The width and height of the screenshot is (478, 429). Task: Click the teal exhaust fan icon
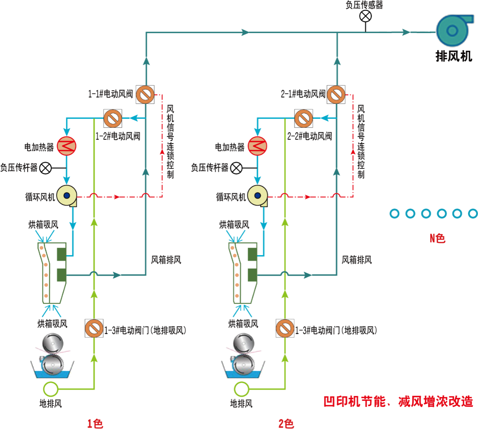(452, 31)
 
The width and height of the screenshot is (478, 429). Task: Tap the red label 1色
(95, 423)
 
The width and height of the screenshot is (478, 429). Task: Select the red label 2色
(286, 423)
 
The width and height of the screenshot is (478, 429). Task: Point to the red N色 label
(438, 238)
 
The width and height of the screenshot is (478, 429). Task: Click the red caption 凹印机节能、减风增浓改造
(398, 401)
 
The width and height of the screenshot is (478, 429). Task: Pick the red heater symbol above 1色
(66, 146)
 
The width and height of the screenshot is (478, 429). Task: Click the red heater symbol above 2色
(257, 146)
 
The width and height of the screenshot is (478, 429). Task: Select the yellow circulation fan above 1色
(67, 196)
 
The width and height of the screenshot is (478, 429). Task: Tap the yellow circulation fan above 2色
(258, 196)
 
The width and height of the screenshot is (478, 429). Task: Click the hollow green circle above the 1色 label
(50, 389)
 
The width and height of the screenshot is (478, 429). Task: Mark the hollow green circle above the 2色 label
(241, 389)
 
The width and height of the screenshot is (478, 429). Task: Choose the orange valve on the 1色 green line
(94, 328)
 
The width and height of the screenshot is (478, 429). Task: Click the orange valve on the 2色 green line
(285, 328)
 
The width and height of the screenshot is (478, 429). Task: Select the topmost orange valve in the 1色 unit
(145, 94)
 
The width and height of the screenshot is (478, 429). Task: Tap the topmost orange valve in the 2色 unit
(336, 94)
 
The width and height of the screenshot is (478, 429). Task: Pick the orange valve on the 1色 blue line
(113, 119)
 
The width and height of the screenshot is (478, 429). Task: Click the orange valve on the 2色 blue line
(304, 119)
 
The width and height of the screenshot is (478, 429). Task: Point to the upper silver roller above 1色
(52, 343)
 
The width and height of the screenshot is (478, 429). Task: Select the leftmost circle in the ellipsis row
(394, 214)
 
